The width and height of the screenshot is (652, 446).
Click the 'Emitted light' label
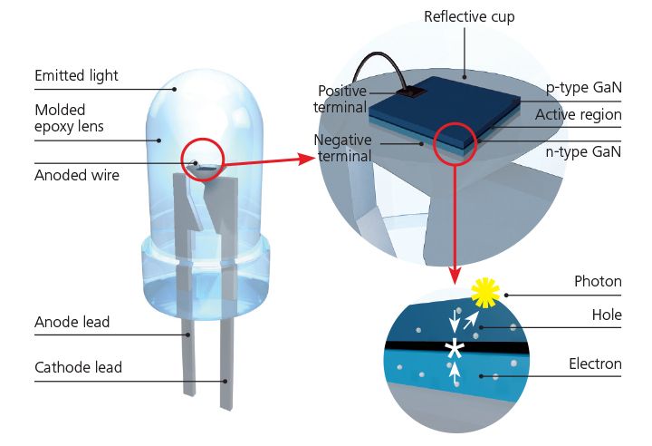pyautogui.click(x=76, y=75)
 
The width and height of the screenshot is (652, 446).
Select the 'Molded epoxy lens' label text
pyautogui.click(x=69, y=119)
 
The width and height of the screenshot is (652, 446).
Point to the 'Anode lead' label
pyautogui.click(x=72, y=322)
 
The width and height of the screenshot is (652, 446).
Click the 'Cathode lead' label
pyautogui.click(x=78, y=367)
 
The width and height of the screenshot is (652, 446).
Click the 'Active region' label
pyautogui.click(x=578, y=115)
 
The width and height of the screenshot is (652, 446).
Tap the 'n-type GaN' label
pyautogui.click(x=584, y=151)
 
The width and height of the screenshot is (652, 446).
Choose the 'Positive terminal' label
pyautogui.click(x=341, y=99)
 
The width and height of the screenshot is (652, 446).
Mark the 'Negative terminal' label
pyautogui.click(x=341, y=149)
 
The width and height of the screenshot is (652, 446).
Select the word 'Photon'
pyautogui.click(x=598, y=281)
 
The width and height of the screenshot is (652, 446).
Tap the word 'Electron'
pyautogui.click(x=595, y=364)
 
